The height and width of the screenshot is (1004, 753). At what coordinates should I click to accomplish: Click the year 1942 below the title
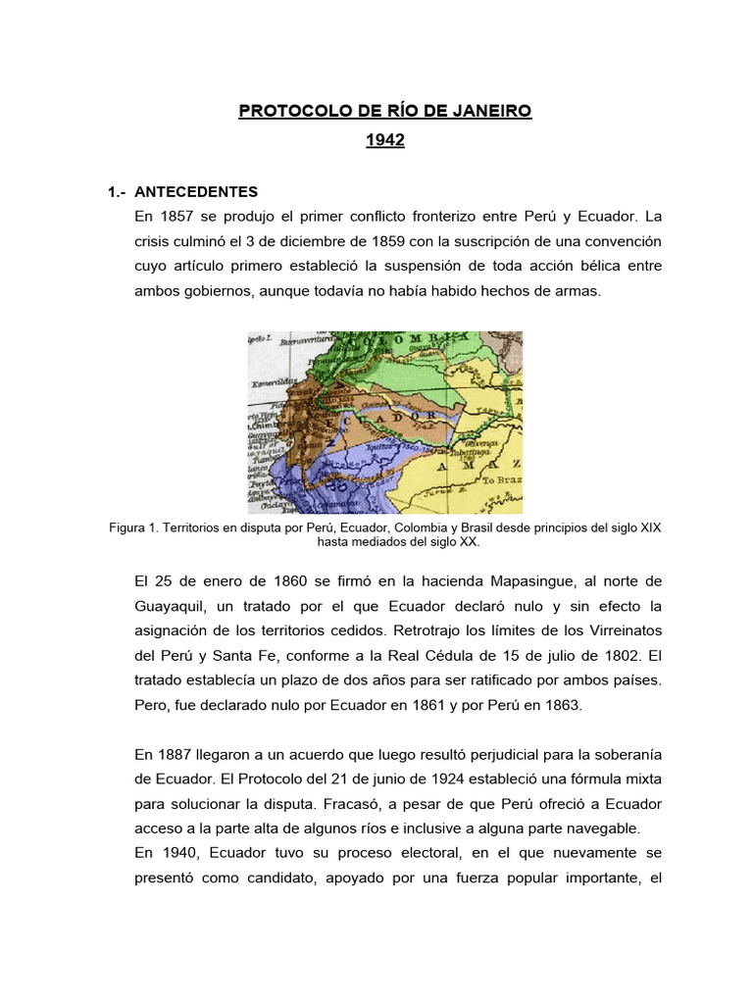point(384,141)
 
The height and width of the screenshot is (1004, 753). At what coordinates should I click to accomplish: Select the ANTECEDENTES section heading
point(195,192)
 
